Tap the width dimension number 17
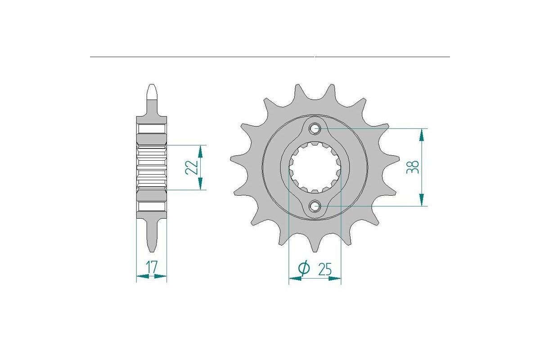[152, 267]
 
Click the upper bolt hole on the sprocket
[315, 129]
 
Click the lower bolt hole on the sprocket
[315, 206]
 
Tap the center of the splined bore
[315, 167]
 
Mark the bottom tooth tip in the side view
[152, 250]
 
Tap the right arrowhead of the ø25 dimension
[335, 279]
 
